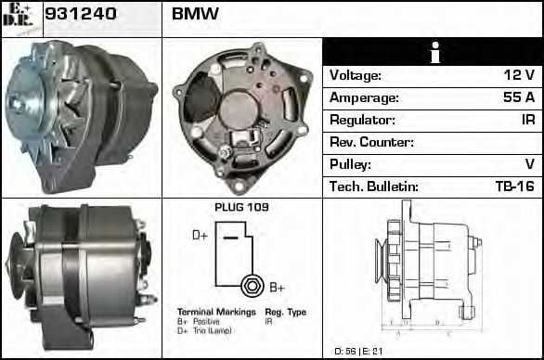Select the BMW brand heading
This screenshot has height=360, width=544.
195,16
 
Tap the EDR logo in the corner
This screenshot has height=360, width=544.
19,18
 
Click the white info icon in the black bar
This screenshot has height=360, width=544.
433,52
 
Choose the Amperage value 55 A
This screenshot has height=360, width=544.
517,97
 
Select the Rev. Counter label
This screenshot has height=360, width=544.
371,142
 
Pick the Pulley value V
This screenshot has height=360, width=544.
529,164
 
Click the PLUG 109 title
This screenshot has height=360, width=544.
241,207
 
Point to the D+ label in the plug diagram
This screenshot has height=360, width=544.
200,236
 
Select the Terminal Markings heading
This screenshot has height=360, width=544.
214,312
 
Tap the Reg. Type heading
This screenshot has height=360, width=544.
285,312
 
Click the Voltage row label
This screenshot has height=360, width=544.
356,75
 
